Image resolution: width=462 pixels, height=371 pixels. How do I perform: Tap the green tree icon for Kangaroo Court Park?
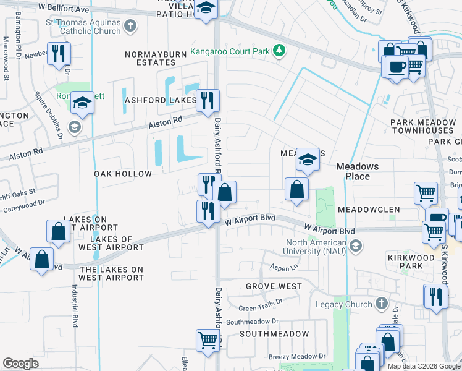(x=279, y=50)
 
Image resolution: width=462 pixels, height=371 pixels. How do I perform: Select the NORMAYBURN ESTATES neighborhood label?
(x=156, y=58)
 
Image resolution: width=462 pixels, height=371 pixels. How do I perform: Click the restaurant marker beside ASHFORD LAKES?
(x=208, y=100)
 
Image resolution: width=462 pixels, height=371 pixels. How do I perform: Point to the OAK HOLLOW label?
(x=123, y=174)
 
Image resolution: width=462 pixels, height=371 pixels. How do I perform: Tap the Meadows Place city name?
(x=361, y=171)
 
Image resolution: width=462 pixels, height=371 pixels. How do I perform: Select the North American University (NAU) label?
(x=315, y=247)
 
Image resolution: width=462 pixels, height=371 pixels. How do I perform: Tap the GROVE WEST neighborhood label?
(x=274, y=286)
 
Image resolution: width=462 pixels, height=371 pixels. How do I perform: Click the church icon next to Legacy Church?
(x=382, y=304)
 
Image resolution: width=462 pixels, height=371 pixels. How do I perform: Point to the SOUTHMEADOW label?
(x=274, y=334)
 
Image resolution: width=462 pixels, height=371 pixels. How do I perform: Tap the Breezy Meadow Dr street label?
(x=296, y=356)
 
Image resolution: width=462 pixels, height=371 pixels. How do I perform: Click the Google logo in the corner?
(x=20, y=364)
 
